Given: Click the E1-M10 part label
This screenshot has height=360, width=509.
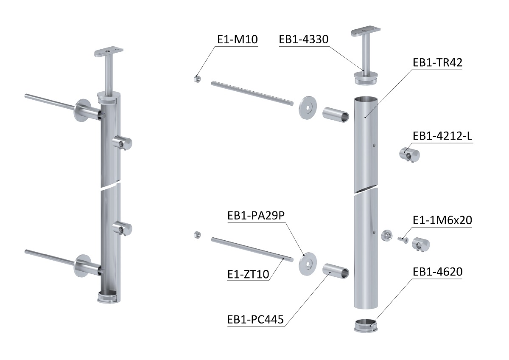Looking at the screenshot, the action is point(238,39).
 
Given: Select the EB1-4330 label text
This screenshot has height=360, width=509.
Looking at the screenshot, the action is point(304,39).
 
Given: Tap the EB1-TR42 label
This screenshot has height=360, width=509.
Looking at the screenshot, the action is point(437,62).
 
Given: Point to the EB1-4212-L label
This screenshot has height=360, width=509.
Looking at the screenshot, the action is point(442,136).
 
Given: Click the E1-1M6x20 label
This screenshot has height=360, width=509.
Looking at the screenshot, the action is point(442,220).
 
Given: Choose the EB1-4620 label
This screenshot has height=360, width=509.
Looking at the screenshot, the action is point(437,272).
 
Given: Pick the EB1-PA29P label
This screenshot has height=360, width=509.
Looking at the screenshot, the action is point(256,216).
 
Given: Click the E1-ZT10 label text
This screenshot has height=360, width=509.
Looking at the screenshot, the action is point(248,274).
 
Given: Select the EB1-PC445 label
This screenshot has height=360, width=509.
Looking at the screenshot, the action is point(255,319).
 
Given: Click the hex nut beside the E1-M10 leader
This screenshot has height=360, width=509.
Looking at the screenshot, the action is point(197,79).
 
